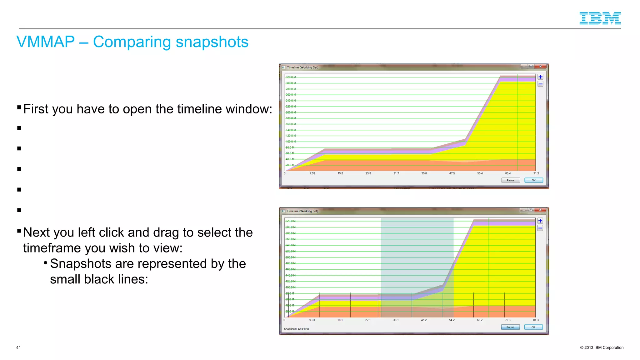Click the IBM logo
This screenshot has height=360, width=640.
pyautogui.click(x=600, y=18)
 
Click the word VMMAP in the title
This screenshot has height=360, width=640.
pyautogui.click(x=46, y=42)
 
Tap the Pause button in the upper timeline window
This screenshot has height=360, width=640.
pyautogui.click(x=510, y=180)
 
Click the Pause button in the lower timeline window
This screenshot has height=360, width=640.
pyautogui.click(x=510, y=327)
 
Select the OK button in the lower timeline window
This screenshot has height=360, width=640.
pyautogui.click(x=533, y=327)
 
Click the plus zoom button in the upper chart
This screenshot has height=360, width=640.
pyautogui.click(x=540, y=77)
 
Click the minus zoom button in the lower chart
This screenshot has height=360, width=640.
pyautogui.click(x=540, y=228)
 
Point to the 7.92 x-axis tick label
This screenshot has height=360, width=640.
pyautogui.click(x=312, y=173)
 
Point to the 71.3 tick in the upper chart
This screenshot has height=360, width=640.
pyautogui.click(x=536, y=173)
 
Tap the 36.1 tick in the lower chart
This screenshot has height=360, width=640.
pyautogui.click(x=396, y=320)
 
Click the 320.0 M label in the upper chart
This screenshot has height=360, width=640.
pyautogui.click(x=291, y=77)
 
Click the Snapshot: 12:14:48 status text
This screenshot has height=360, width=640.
pyautogui.click(x=296, y=329)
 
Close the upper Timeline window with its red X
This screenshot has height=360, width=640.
pyautogui.click(x=540, y=66)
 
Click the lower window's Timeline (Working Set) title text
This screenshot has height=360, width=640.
pyautogui.click(x=302, y=211)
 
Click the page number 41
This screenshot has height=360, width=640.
pyautogui.click(x=18, y=347)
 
